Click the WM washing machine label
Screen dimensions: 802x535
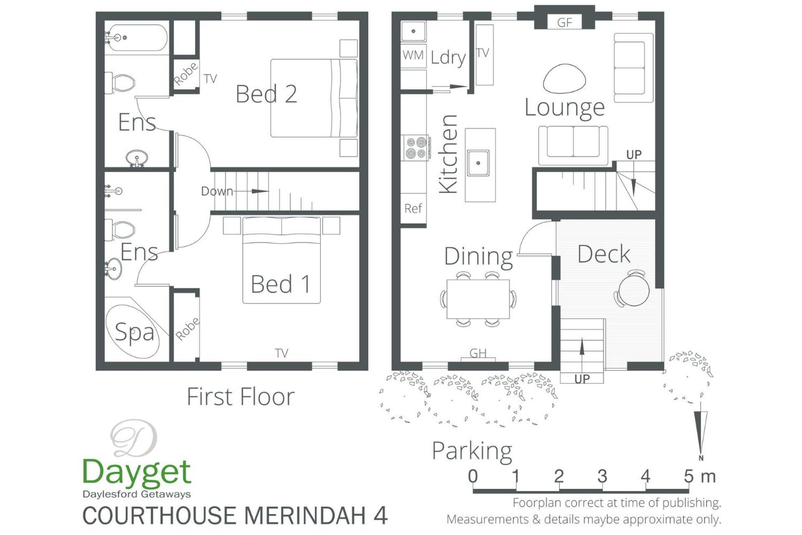point(413,55)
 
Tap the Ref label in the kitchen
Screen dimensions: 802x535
point(413,208)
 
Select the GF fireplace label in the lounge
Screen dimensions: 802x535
point(564,23)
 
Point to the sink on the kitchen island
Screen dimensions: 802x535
point(478,163)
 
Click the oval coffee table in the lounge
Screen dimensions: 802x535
point(564,79)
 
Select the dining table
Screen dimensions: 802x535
point(478,299)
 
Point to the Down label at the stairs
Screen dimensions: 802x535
point(217,191)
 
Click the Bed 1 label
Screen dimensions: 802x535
point(280,284)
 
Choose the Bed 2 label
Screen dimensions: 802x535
point(266,94)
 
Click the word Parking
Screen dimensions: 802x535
point(472,451)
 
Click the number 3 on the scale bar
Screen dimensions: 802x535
point(602,476)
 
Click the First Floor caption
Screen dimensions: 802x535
point(241,397)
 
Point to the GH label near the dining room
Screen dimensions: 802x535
point(478,353)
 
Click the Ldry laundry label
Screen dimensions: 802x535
point(448,58)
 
